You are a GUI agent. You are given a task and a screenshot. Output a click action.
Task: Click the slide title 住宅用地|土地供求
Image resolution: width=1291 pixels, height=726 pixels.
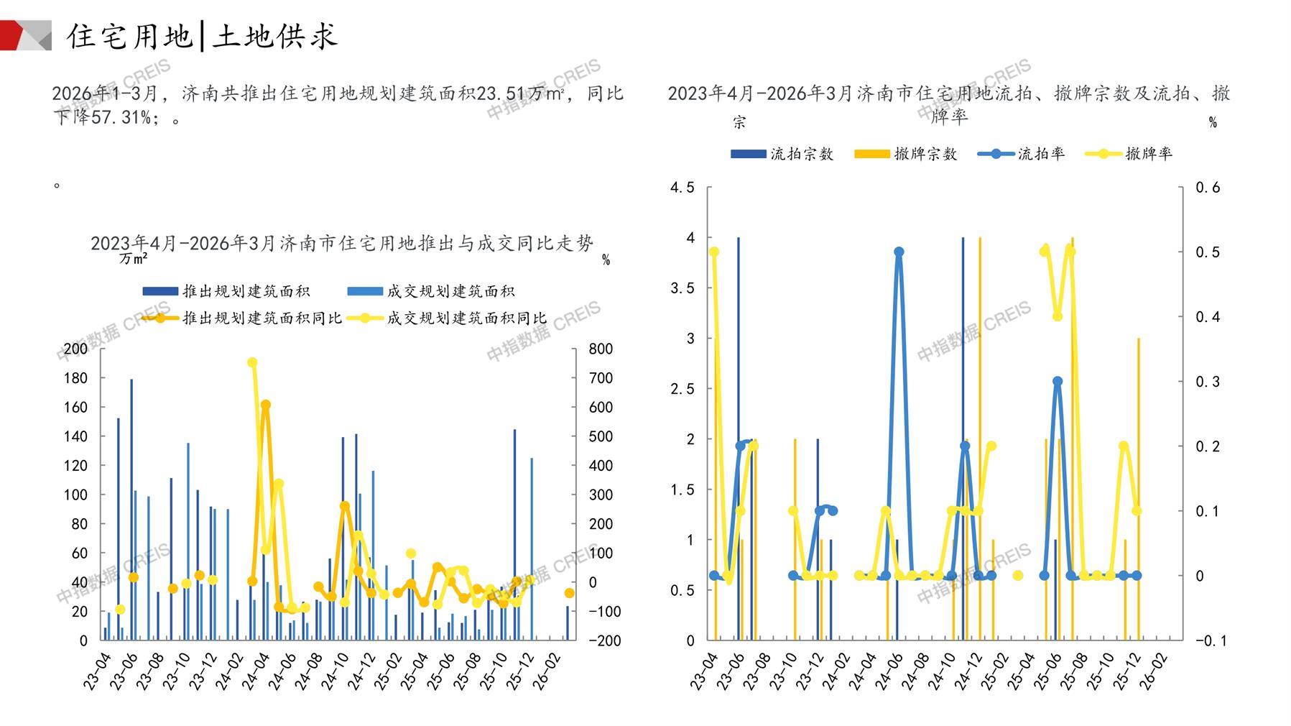click(x=202, y=36)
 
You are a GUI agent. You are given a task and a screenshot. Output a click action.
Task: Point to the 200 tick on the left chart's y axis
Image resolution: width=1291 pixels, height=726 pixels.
click(x=75, y=349)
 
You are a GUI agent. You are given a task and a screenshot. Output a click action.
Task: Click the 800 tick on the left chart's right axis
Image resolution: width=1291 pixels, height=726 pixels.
click(x=601, y=349)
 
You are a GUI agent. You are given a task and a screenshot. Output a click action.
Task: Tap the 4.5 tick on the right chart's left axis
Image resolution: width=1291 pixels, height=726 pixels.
click(x=682, y=188)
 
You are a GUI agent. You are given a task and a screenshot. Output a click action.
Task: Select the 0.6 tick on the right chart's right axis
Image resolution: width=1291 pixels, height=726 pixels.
click(x=1208, y=188)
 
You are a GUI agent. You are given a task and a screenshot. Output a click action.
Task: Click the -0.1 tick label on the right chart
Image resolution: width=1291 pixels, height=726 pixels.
click(x=1211, y=640)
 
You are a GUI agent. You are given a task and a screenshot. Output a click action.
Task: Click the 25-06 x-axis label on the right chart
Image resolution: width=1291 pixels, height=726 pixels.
click(x=1047, y=671)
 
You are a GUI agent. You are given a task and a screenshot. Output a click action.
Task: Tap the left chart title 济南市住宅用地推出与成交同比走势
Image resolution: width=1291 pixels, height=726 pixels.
click(x=342, y=244)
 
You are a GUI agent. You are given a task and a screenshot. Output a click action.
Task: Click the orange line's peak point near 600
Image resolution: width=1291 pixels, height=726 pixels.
click(x=265, y=405)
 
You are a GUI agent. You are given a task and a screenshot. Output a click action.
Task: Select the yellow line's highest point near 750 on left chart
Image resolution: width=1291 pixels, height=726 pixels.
click(x=252, y=363)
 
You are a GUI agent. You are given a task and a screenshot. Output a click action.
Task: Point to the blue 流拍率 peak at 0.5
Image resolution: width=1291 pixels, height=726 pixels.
click(x=899, y=252)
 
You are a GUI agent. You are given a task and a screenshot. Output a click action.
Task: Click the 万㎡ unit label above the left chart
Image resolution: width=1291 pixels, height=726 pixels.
click(x=134, y=259)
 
